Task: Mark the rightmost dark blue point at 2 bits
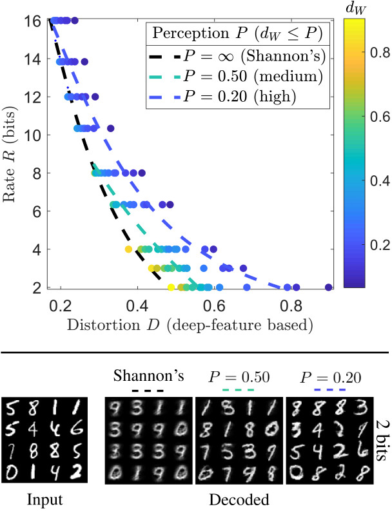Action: [x=329, y=287]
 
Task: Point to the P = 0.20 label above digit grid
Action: [x=320, y=376]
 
